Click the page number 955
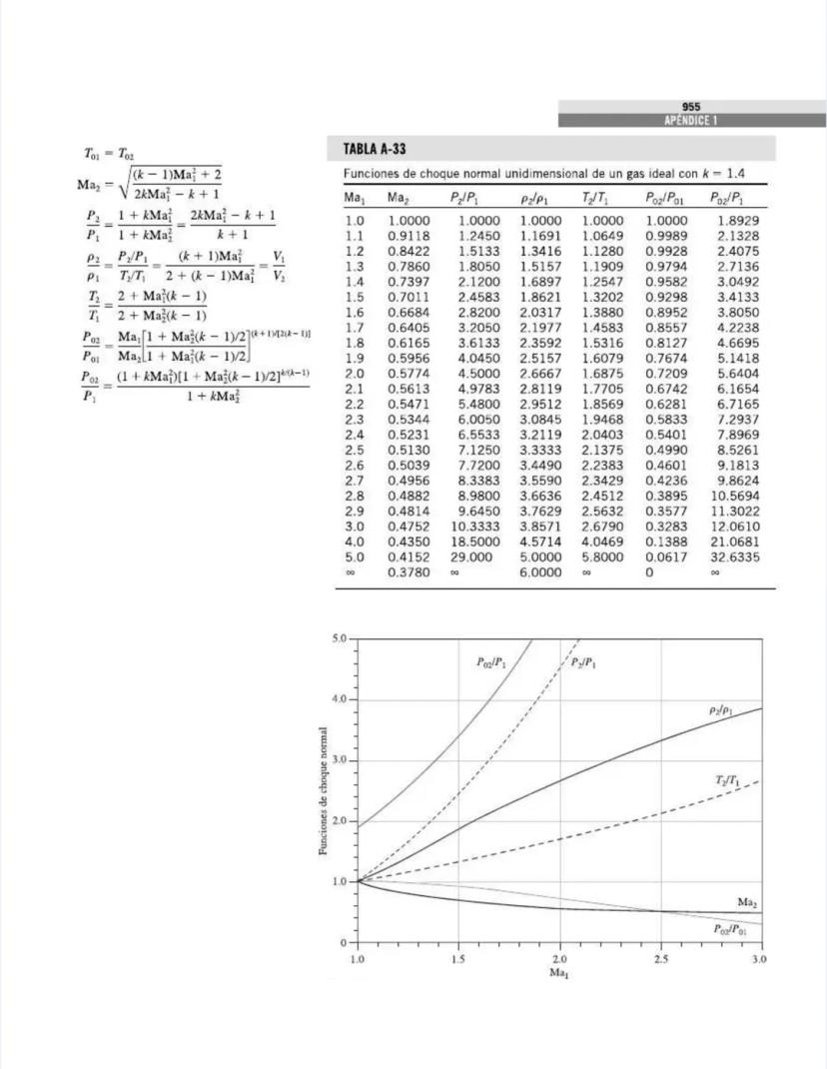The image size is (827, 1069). [x=691, y=107]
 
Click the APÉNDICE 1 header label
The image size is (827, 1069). [x=691, y=120]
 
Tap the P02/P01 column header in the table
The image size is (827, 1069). [x=665, y=200]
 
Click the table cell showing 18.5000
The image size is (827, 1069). [x=475, y=540]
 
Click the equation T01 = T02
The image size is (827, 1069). [x=108, y=154]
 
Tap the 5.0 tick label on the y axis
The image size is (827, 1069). [x=340, y=637]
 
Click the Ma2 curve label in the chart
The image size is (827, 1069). [x=747, y=902]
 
